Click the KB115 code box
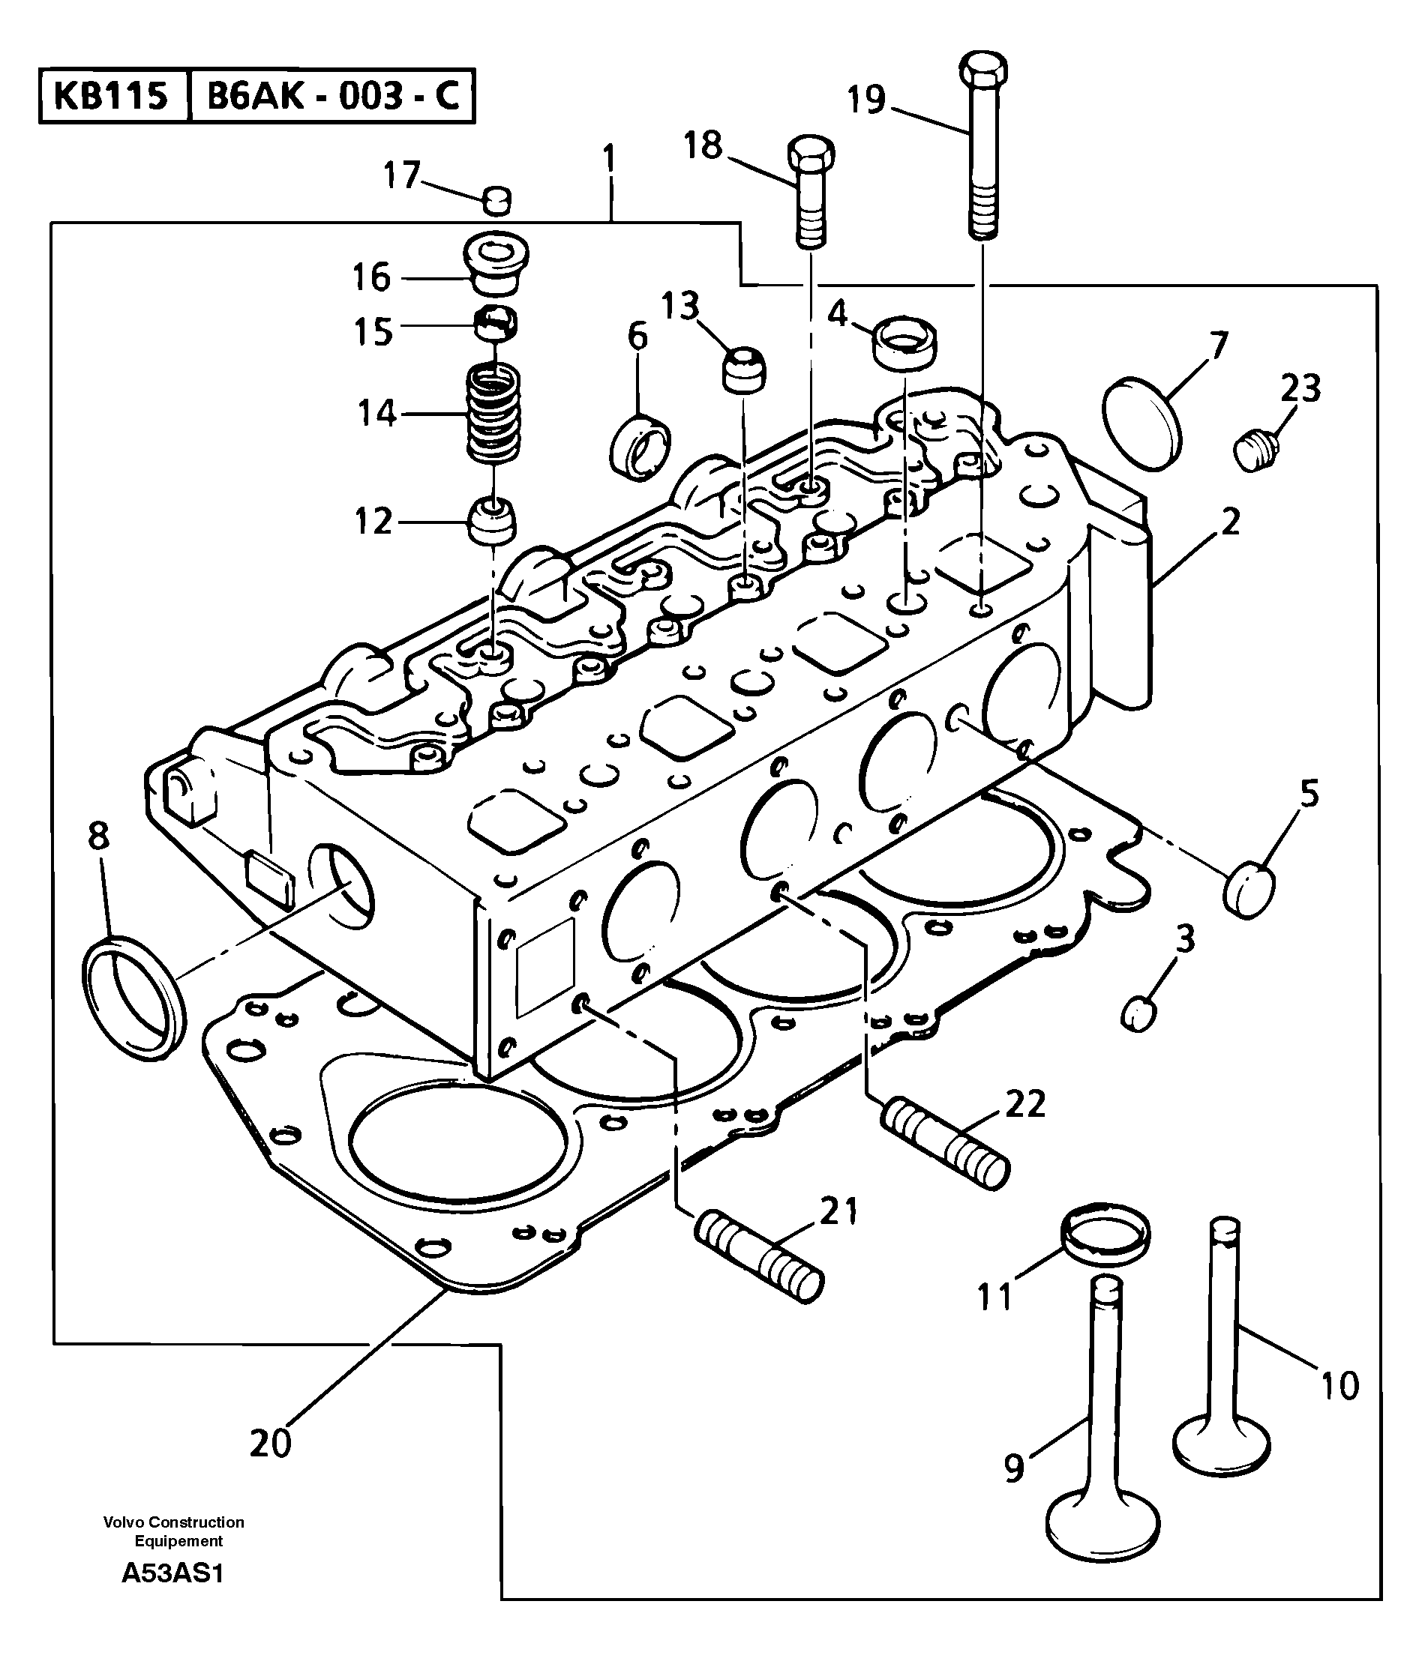[x=111, y=96]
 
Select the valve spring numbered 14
[x=493, y=414]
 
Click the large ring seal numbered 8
[x=133, y=999]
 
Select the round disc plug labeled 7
[x=1141, y=423]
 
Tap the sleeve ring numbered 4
[x=904, y=343]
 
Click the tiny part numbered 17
[x=497, y=200]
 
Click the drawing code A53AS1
[x=172, y=1573]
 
